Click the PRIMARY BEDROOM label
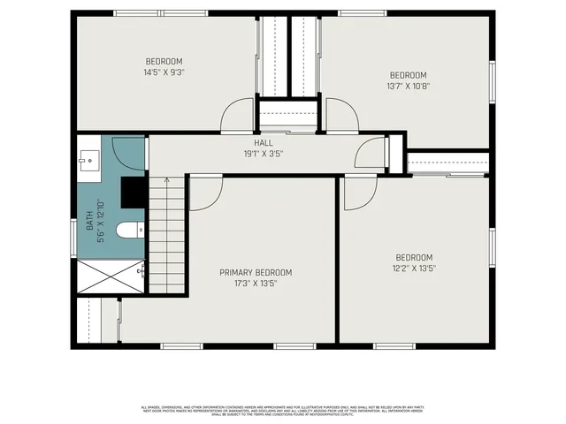[x=256, y=272]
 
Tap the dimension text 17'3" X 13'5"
[x=256, y=284]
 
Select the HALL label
[x=264, y=142]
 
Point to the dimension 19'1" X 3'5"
[x=264, y=153]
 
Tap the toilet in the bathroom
[x=128, y=231]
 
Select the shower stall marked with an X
[x=111, y=277]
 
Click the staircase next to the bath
[x=165, y=234]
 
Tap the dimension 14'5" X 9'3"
[x=164, y=72]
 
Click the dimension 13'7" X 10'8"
[x=408, y=87]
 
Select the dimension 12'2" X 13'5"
[x=414, y=268]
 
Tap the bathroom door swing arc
[x=129, y=153]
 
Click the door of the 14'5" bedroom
[x=238, y=117]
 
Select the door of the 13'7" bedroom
[x=341, y=116]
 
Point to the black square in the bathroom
[x=133, y=190]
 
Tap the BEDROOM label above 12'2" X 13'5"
[x=414, y=257]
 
